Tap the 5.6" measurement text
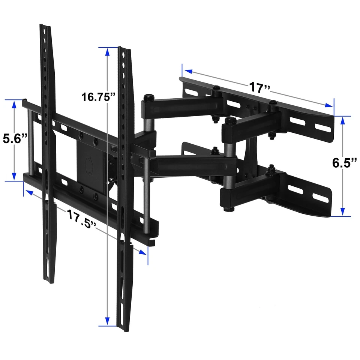point(15,139)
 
